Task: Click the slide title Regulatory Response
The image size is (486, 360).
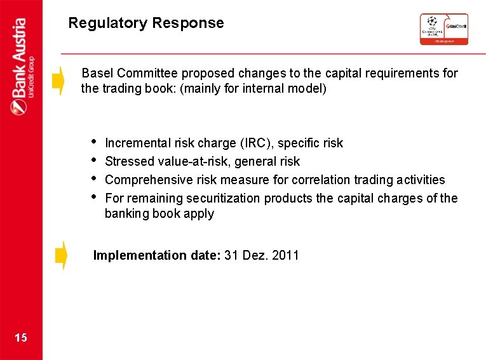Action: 146,23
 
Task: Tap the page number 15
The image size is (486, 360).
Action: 21,338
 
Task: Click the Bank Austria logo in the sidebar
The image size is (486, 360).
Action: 21,66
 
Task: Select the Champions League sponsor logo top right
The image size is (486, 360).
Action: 443,29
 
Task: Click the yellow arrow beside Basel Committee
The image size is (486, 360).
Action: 58,81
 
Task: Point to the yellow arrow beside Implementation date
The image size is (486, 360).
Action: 61,256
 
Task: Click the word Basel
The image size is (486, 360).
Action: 97,74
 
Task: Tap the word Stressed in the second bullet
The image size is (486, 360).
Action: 128,162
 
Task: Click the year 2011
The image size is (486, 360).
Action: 285,256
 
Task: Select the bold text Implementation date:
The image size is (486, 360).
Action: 157,256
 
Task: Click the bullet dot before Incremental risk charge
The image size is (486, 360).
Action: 94,141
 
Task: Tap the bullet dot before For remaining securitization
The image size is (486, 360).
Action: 94,196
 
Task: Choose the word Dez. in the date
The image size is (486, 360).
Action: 255,256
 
